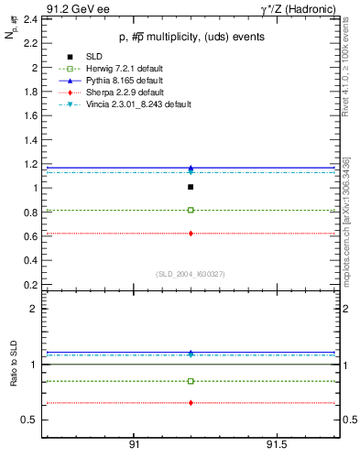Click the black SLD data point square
(x=191, y=187)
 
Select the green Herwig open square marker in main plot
(x=191, y=210)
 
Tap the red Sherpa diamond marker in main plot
(x=191, y=234)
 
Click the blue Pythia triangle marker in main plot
(x=191, y=168)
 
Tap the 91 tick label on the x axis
(x=134, y=444)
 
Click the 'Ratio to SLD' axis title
(x=13, y=365)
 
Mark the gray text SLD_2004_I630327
(x=189, y=274)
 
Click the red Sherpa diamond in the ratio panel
(x=191, y=403)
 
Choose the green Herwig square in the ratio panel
(x=191, y=381)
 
